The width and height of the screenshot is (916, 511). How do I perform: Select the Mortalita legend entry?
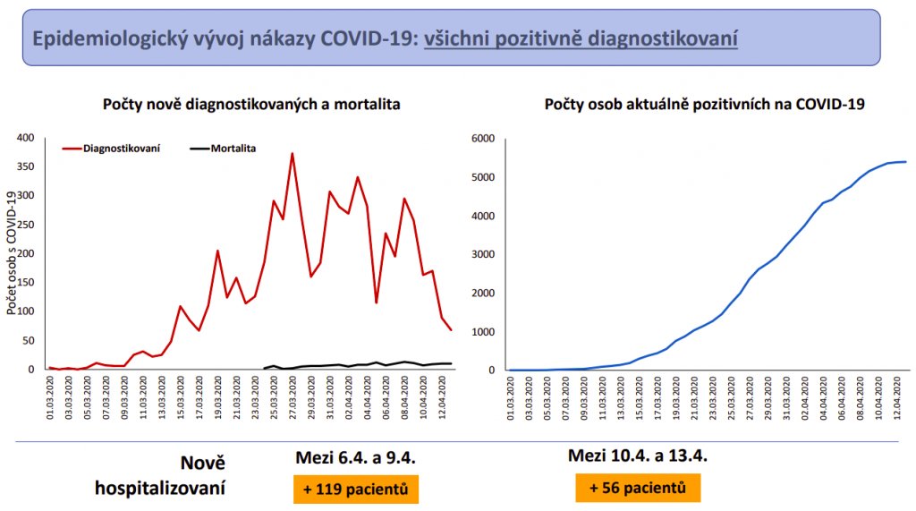233,149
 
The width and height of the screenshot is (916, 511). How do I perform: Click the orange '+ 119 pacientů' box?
356,490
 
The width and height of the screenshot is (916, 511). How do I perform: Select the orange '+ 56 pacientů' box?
638,488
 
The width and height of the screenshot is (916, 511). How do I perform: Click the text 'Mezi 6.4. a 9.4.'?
356,458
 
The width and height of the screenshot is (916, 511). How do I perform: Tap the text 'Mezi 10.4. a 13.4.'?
638,456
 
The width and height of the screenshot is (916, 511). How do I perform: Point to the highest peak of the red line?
293,154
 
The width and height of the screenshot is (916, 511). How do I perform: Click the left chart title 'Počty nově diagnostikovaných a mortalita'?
250,105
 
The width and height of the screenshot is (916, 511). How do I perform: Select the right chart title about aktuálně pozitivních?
704,105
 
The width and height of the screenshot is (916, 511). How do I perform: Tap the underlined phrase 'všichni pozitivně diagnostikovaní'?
581,39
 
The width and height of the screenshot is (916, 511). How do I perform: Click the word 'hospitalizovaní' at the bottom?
160,489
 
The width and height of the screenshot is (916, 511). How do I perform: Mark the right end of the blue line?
906,162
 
